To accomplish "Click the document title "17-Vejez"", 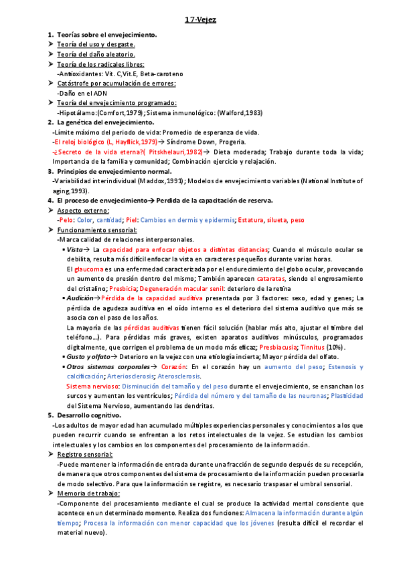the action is click(x=200, y=20).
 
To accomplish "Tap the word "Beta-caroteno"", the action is click(x=160, y=74).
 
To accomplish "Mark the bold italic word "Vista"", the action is click(x=74, y=249).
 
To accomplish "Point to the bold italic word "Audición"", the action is click(x=80, y=298).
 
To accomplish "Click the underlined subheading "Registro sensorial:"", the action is click(x=90, y=454).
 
